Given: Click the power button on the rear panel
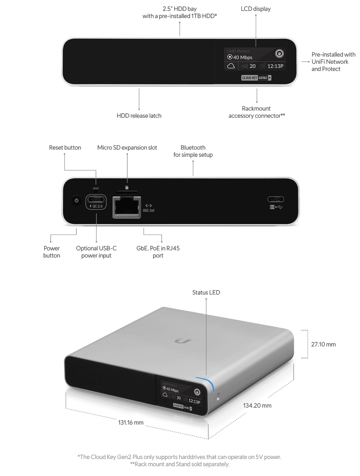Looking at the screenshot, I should pyautogui.click(x=76, y=201).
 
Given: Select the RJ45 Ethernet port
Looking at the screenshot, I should pyautogui.click(x=127, y=207).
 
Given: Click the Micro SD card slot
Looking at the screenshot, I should pyautogui.click(x=127, y=193).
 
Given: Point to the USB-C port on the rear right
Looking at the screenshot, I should pyautogui.click(x=276, y=200).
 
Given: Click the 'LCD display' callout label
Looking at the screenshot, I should pyautogui.click(x=256, y=9).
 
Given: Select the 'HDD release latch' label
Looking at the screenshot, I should pyautogui.click(x=139, y=116).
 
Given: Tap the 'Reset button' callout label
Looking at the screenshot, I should pyautogui.click(x=65, y=148).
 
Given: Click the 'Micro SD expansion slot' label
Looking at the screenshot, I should pyautogui.click(x=127, y=148).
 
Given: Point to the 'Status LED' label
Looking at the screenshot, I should pyautogui.click(x=206, y=292).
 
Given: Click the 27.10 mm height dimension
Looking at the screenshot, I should pyautogui.click(x=323, y=344).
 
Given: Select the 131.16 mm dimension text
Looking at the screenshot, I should pyautogui.click(x=131, y=422).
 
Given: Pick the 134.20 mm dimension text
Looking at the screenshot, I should pyautogui.click(x=257, y=405).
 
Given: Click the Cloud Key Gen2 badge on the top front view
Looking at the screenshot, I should pyautogui.click(x=256, y=78).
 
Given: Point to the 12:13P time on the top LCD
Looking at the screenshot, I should pyautogui.click(x=275, y=66).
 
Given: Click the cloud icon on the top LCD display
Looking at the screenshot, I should pyautogui.click(x=231, y=66).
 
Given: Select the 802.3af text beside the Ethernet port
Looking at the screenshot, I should pyautogui.click(x=149, y=210).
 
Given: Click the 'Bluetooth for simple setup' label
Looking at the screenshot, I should pyautogui.click(x=193, y=151).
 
